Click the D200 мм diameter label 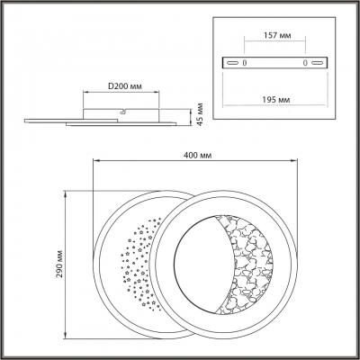click(121, 86)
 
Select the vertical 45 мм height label click(201, 115)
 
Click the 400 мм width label click(196, 155)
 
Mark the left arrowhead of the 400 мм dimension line click(96, 162)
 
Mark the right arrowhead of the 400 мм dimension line click(293, 162)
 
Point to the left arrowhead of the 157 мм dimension click(245, 46)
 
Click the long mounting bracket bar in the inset click(275, 63)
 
